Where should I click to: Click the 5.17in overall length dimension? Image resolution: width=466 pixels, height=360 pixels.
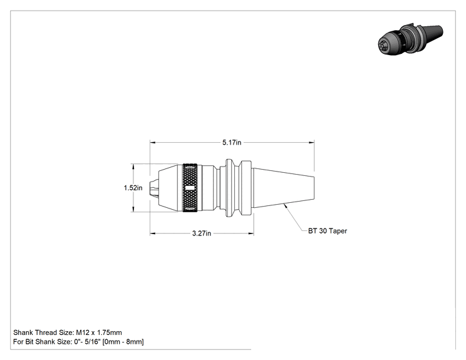point(232,143)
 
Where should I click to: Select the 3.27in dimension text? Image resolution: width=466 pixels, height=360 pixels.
point(202,234)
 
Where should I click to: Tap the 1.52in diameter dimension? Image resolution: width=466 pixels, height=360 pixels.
point(133,188)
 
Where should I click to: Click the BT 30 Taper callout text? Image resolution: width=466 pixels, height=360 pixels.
point(328,231)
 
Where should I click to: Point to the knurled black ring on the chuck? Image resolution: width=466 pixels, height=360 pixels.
point(190,188)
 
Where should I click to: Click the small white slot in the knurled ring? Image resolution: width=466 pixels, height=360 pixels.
point(190,188)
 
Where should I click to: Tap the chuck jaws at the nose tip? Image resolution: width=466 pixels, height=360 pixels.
point(153,188)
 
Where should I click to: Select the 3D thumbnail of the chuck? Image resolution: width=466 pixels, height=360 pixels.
point(410,39)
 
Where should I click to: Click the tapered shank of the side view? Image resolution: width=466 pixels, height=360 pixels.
point(284,188)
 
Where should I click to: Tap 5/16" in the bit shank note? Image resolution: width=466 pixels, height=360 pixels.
point(93,342)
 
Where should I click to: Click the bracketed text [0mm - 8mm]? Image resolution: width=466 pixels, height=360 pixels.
point(123,342)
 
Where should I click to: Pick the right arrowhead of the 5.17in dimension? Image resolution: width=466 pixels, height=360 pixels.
point(312,143)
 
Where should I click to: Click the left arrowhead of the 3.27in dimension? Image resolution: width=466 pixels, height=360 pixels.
point(153,234)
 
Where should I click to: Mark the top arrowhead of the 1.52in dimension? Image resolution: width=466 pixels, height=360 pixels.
point(133,167)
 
